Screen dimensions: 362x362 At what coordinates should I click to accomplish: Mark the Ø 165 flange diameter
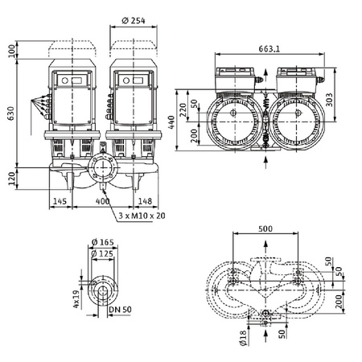tap(105, 243)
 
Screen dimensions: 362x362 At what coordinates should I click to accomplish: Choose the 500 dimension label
tap(265, 228)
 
